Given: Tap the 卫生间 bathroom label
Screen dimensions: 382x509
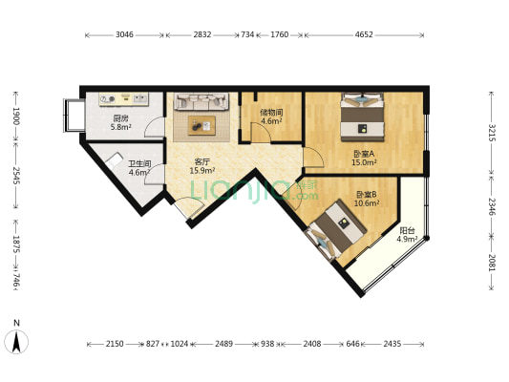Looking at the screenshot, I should tap(139, 163).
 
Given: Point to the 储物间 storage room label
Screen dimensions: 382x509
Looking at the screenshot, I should tap(270, 112).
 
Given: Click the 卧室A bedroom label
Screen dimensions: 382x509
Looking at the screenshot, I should tap(363, 154).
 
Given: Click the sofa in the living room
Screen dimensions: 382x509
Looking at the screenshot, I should tap(201, 100).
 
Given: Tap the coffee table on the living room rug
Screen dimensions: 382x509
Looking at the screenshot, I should tap(201, 123).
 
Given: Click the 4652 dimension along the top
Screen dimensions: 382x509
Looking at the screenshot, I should tap(365, 34).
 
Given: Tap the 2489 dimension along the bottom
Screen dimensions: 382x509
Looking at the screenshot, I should tap(223, 343).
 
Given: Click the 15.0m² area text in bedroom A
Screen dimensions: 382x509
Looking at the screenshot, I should tap(363, 162).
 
